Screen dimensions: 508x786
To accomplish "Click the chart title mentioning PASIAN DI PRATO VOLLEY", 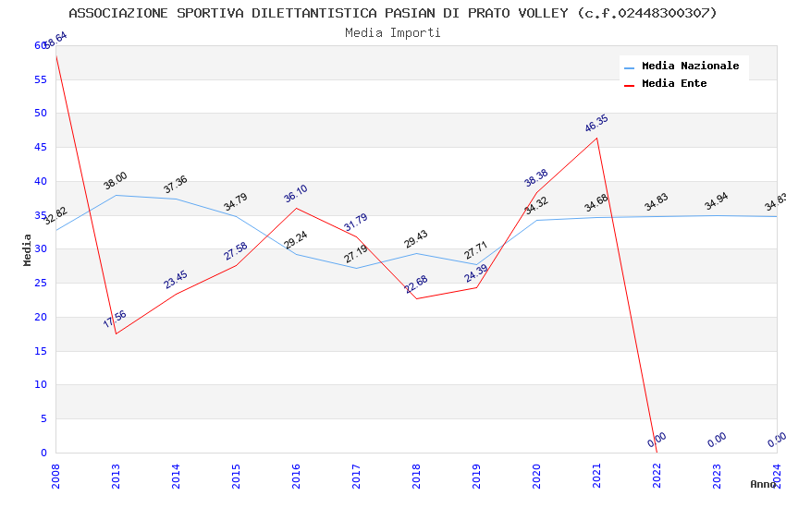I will [393, 13].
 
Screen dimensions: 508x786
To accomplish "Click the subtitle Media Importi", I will [393, 33].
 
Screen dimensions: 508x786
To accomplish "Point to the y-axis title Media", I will [28, 249].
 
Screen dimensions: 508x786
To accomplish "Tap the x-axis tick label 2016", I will [297, 476].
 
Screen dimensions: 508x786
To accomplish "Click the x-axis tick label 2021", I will [597, 476].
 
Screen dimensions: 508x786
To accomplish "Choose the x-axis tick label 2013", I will [117, 476].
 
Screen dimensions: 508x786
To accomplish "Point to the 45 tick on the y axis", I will [40, 147].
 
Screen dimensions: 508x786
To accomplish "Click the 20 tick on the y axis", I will [40, 317].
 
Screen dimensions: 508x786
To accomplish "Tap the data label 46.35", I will [596, 124].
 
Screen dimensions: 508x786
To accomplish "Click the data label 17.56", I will [115, 320].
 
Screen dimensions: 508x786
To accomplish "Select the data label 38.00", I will [116, 181].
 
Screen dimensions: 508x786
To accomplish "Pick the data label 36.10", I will [296, 194].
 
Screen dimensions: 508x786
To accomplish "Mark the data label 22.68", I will [416, 284].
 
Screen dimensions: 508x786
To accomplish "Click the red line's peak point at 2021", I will [597, 138].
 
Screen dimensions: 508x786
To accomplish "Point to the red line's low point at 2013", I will [116, 333].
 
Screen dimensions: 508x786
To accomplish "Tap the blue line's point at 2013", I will [116, 195].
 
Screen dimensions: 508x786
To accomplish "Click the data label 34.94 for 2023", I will [717, 202].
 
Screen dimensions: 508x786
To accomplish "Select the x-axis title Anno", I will [763, 484].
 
